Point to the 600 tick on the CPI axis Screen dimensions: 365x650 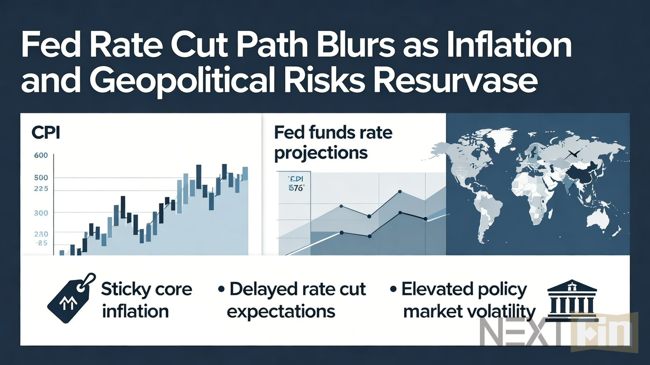point(41,155)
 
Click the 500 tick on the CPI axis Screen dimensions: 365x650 point(41,178)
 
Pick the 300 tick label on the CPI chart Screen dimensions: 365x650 point(41,213)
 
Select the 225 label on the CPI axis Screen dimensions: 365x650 point(41,189)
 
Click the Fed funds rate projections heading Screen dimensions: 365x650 point(333,142)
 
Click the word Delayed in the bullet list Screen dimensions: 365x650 point(264,289)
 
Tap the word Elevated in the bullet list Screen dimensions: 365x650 point(439,289)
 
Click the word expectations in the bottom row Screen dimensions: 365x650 point(281,311)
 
